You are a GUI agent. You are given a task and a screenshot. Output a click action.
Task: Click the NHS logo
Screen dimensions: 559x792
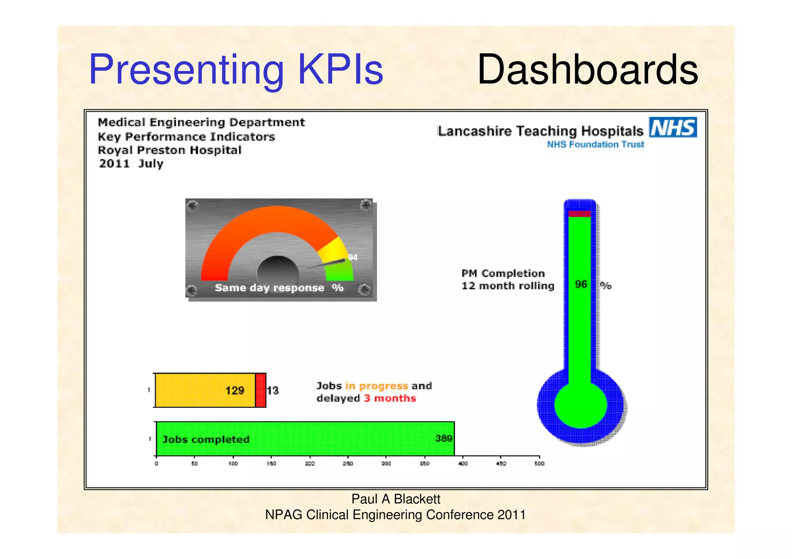673,127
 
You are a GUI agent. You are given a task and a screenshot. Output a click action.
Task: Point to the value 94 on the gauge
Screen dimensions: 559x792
353,257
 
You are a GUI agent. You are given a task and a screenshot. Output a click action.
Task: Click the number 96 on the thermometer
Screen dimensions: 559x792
581,285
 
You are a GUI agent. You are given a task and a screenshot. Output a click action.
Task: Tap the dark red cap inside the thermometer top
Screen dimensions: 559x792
579,214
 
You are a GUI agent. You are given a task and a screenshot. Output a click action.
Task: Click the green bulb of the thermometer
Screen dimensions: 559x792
580,405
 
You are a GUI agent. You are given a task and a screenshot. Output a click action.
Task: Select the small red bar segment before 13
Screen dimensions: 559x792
261,390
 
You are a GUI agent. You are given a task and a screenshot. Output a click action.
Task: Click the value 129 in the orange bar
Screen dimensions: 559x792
235,391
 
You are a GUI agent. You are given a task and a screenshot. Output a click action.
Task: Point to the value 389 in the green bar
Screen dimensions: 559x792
444,438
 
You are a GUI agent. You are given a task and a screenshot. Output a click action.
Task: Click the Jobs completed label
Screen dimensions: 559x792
206,440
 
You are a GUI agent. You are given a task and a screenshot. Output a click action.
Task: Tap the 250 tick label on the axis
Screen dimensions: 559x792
348,464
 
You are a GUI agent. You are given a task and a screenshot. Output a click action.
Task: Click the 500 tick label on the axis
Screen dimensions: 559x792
539,464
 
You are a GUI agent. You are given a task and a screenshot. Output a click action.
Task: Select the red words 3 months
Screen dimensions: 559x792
390,398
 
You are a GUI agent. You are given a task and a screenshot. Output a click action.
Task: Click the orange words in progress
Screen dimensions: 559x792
376,386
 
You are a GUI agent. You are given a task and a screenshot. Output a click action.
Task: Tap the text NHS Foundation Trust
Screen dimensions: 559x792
595,144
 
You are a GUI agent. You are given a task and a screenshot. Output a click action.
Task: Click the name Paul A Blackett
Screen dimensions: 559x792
396,499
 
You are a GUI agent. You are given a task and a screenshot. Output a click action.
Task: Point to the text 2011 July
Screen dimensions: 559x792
131,163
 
